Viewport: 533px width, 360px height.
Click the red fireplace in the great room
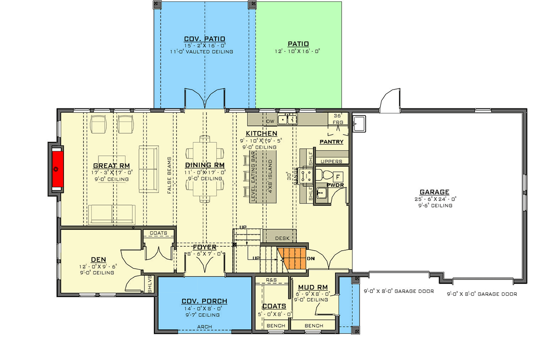[x=57, y=169]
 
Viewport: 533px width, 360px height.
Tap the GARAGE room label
[x=434, y=192]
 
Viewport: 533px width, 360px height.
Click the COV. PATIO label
[x=204, y=39]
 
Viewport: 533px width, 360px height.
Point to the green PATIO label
[x=298, y=44]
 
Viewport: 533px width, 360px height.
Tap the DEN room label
[x=98, y=259]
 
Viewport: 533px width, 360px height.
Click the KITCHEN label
[x=261, y=133]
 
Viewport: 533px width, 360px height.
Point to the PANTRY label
[x=331, y=142]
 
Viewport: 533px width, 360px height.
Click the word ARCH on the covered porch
[x=204, y=327]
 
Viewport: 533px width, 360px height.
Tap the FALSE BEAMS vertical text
[x=170, y=175]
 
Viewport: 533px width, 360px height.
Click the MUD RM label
[x=313, y=287]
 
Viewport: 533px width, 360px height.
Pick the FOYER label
[x=204, y=247]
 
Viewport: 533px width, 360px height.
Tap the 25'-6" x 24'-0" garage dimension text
[x=434, y=199]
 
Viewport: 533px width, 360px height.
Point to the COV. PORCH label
[x=204, y=301]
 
